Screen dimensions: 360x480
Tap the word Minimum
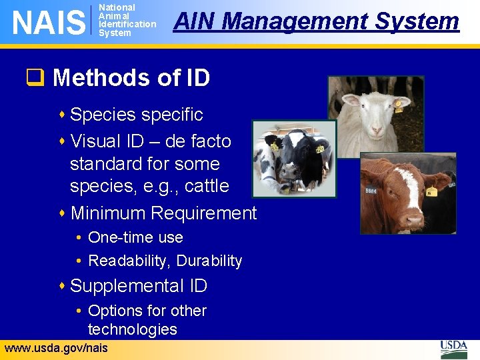click(108, 213)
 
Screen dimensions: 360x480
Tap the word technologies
click(132, 329)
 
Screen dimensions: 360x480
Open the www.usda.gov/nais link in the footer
click(55, 348)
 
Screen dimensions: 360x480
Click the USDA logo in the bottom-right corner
click(454, 349)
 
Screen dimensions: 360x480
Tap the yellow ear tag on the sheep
click(399, 105)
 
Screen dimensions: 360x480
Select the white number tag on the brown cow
click(371, 191)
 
